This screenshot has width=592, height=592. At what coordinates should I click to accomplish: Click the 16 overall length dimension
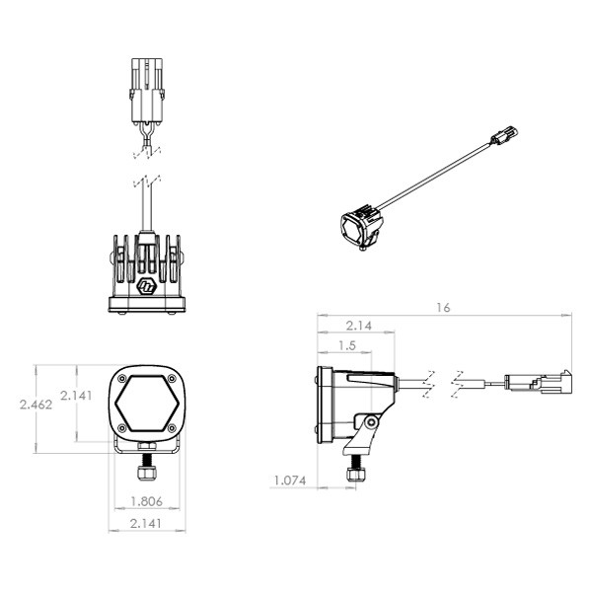443,308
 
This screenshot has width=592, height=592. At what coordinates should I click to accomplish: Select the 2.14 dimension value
359,326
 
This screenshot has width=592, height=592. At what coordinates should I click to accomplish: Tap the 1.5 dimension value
347,345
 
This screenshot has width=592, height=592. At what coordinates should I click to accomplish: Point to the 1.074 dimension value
290,481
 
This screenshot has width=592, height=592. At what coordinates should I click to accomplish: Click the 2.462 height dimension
36,405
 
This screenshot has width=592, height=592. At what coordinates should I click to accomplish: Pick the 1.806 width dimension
146,501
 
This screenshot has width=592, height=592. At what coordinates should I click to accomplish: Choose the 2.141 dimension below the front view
146,523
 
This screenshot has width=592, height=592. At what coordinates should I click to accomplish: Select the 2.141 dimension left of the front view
76,396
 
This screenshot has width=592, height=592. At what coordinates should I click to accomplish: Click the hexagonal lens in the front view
147,404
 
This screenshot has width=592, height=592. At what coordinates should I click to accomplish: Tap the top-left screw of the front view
122,378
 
